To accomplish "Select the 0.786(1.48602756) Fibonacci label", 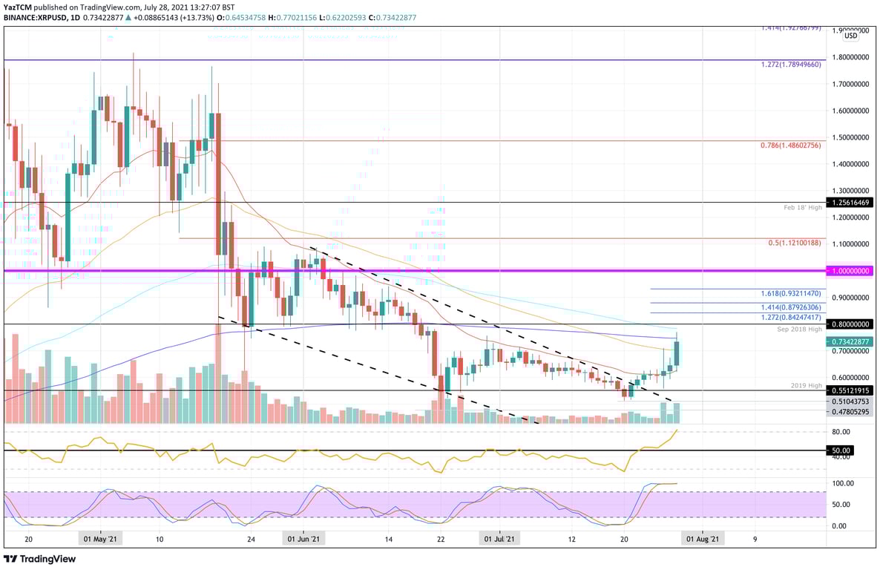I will (791, 145).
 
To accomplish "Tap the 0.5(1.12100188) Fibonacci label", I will (794, 243).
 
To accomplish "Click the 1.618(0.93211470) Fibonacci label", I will (791, 294).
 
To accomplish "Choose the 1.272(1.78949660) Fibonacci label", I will (791, 65).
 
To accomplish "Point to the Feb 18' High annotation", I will (804, 208).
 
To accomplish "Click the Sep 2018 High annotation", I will (800, 329).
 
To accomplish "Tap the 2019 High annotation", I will (807, 385).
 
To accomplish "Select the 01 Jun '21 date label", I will (304, 540).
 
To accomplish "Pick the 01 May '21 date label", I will (99, 540).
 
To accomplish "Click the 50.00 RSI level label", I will (841, 451).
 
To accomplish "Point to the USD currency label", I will (850, 36).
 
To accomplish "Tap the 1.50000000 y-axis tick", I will (850, 138).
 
